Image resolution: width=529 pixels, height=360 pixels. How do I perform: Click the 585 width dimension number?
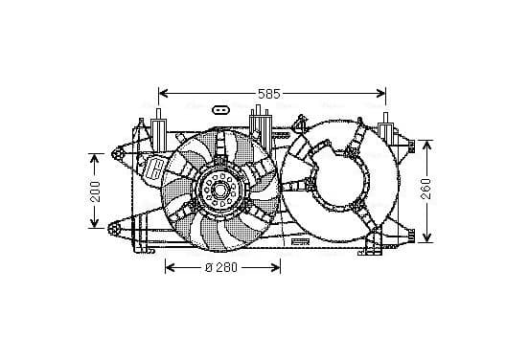pyautogui.click(x=269, y=94)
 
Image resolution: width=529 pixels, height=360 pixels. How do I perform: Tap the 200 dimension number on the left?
pyautogui.click(x=96, y=191)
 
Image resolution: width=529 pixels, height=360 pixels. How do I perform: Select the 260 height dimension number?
pyautogui.click(x=426, y=189)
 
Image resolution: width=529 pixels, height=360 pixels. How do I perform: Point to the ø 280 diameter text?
pyautogui.click(x=221, y=268)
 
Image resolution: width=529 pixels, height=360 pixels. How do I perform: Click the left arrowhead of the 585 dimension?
pyautogui.click(x=164, y=93)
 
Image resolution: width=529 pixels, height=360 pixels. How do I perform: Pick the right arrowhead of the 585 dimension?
pyautogui.click(x=380, y=93)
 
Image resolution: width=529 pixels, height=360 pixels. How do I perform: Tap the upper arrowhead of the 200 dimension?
pyautogui.click(x=94, y=159)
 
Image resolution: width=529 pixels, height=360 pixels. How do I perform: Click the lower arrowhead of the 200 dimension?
pyautogui.click(x=94, y=222)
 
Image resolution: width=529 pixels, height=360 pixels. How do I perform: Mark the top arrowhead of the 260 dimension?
pyautogui.click(x=426, y=146)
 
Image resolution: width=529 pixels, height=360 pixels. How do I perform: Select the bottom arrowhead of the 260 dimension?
pyautogui.click(x=426, y=236)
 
